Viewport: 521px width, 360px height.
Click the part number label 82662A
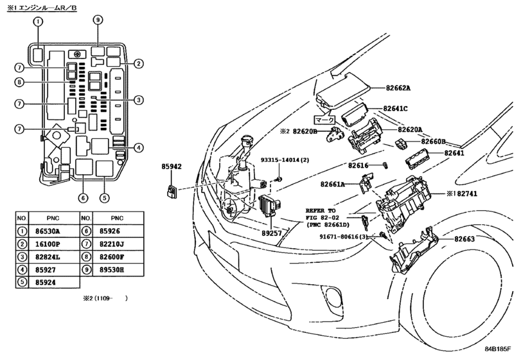click(398, 88)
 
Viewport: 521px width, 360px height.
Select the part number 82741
click(467, 194)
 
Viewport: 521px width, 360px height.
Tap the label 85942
click(172, 166)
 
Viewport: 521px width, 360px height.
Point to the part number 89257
click(272, 233)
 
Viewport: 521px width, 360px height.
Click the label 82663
click(464, 239)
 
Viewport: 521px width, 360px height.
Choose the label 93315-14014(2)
click(285, 160)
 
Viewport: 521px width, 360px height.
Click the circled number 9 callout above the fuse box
click(98, 21)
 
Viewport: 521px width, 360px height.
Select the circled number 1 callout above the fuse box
click(38, 22)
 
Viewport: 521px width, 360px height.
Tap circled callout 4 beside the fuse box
click(139, 148)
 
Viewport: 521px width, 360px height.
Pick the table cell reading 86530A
click(48, 231)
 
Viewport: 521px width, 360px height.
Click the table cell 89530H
click(112, 269)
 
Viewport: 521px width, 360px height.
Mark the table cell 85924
click(46, 283)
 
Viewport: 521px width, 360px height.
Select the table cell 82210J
click(112, 244)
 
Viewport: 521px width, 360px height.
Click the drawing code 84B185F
click(497, 349)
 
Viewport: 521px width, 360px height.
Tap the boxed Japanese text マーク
click(324, 120)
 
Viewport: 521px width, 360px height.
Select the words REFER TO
click(321, 211)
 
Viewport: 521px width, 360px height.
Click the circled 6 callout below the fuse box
click(83, 198)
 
